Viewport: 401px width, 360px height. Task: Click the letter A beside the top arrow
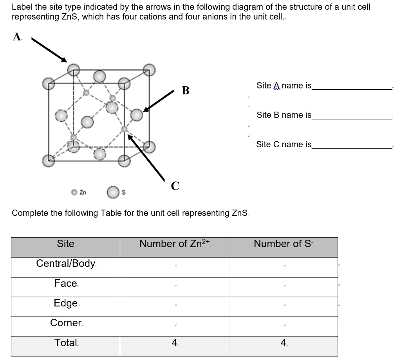tap(16, 37)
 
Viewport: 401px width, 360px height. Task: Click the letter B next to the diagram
tap(186, 91)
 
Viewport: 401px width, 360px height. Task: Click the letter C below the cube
tap(175, 186)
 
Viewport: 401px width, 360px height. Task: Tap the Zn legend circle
tap(74, 192)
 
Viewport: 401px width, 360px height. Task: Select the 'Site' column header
tap(65, 244)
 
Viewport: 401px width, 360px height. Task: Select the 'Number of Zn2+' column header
tap(175, 244)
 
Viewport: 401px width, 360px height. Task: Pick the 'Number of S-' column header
tap(283, 244)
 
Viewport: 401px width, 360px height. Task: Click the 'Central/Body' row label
tap(65, 264)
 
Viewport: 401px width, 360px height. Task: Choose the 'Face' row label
tap(65, 284)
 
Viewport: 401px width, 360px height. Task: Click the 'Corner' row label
tap(65, 323)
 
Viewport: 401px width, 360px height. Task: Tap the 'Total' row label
tap(65, 343)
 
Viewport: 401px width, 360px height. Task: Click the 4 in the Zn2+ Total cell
tap(174, 343)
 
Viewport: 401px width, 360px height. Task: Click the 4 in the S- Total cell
tap(283, 343)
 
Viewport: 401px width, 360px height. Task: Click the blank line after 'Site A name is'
tap(352, 89)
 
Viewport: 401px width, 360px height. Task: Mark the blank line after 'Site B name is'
tap(352, 118)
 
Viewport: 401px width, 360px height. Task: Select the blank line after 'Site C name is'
tap(352, 147)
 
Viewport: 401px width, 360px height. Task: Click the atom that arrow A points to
tap(73, 70)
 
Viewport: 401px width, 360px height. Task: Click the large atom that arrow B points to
tap(137, 114)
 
